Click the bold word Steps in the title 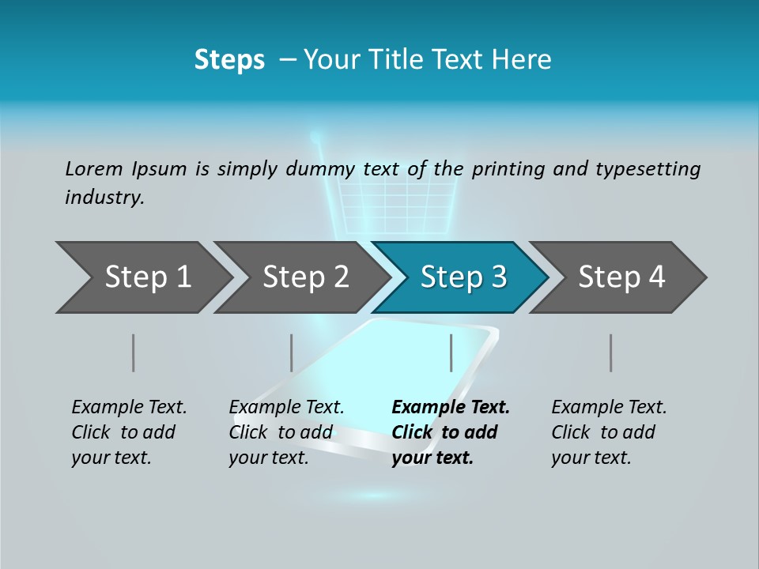click(x=229, y=60)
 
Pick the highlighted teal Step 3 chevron click(x=463, y=277)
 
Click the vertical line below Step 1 click(x=134, y=352)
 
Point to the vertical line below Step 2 click(x=292, y=352)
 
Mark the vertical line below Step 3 click(x=451, y=352)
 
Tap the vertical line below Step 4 click(x=611, y=352)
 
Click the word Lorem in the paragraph click(x=94, y=169)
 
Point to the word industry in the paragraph click(x=104, y=198)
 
